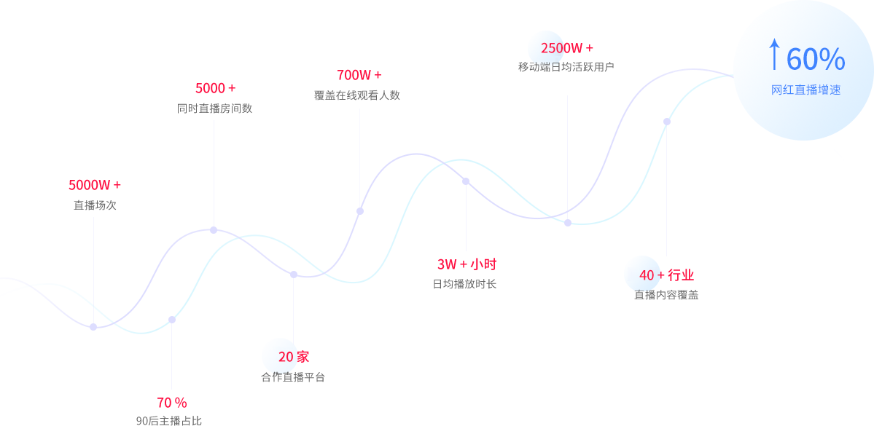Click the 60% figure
pyautogui.click(x=816, y=60)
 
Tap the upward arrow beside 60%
pyautogui.click(x=774, y=55)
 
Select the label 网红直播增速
pyautogui.click(x=806, y=90)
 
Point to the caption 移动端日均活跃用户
pyautogui.click(x=566, y=67)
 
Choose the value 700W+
pyautogui.click(x=359, y=75)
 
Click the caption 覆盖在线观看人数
pyautogui.click(x=357, y=95)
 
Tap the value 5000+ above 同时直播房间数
pyautogui.click(x=215, y=88)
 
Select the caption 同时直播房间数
pyautogui.click(x=215, y=109)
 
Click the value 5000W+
pyautogui.click(x=95, y=185)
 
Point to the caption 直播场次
pyautogui.click(x=95, y=205)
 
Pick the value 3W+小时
pyautogui.click(x=467, y=264)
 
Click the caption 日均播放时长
pyautogui.click(x=464, y=284)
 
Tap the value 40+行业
pyautogui.click(x=666, y=275)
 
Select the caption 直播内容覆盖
pyautogui.click(x=666, y=295)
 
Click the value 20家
pyautogui.click(x=293, y=357)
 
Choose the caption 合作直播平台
pyautogui.click(x=293, y=377)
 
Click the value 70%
pyautogui.click(x=172, y=402)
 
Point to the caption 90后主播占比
pyautogui.click(x=169, y=420)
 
